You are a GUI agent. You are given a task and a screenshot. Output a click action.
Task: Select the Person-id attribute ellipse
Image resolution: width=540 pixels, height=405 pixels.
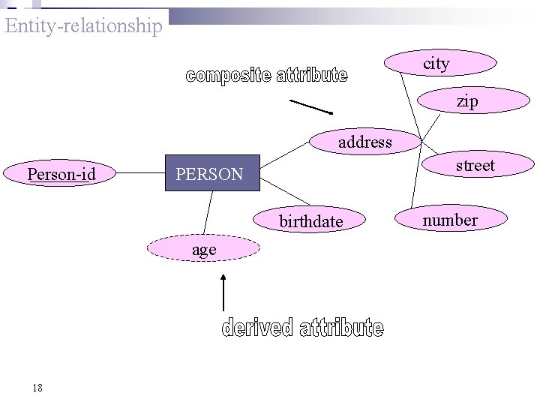click(x=61, y=174)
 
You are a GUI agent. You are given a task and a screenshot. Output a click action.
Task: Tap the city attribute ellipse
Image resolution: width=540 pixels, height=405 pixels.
click(x=440, y=64)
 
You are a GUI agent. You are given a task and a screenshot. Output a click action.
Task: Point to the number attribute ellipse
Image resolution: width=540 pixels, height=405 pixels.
click(x=450, y=220)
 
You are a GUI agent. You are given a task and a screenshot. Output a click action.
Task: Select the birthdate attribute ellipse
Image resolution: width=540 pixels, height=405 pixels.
click(x=310, y=221)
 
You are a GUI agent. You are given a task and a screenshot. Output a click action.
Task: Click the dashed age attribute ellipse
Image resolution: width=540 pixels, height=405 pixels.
click(x=204, y=249)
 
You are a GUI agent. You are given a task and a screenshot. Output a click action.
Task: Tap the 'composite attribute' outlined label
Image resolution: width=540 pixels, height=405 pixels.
click(x=266, y=76)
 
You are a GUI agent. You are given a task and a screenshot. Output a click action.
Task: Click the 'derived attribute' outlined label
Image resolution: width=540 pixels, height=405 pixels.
click(x=302, y=328)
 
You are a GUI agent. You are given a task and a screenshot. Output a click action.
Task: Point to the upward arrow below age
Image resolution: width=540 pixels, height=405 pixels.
click(x=223, y=292)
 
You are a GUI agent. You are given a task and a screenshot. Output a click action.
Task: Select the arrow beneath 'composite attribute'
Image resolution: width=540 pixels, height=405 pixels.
click(x=310, y=106)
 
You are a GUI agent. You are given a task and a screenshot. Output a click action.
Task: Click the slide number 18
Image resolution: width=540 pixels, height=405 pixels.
click(x=37, y=388)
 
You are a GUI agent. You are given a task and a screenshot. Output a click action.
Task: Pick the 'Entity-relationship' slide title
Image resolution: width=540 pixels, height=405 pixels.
click(x=83, y=25)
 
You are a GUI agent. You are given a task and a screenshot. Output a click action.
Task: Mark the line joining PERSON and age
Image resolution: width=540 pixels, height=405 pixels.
click(x=208, y=213)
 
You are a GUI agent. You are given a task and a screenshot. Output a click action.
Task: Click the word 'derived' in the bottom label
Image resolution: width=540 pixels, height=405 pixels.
click(x=256, y=328)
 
